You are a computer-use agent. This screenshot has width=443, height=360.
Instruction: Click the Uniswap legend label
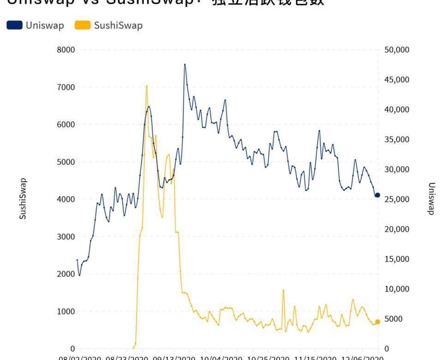[45, 25]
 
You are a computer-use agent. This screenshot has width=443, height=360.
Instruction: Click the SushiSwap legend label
[118, 25]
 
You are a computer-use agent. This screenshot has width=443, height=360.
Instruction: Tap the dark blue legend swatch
[14, 25]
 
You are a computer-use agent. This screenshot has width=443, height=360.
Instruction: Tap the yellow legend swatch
[83, 25]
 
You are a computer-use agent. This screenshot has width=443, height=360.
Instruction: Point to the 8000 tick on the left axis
[66, 50]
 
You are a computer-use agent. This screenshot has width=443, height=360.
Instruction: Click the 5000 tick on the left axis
[66, 162]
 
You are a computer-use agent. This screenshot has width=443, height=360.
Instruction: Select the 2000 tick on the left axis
[66, 274]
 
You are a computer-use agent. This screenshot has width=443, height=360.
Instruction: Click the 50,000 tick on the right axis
[396, 50]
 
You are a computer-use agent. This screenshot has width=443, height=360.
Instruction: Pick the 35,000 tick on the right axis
[396, 139]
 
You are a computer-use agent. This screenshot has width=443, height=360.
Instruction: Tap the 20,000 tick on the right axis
[396, 229]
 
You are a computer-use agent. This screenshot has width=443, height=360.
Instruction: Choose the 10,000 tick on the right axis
[396, 289]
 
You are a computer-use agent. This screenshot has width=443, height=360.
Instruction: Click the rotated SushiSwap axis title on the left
[23, 198]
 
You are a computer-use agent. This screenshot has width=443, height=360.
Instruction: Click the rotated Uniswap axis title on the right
[431, 198]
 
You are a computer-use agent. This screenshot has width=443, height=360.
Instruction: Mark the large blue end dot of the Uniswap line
[377, 196]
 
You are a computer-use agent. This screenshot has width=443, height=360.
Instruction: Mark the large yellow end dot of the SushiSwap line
[377, 322]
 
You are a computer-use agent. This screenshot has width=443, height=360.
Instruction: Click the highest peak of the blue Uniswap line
[185, 64]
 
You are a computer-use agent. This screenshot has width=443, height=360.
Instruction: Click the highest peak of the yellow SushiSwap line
[147, 86]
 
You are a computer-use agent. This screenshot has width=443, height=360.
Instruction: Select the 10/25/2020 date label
[268, 357]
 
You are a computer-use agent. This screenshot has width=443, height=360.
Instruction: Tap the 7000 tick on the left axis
[66, 87]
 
